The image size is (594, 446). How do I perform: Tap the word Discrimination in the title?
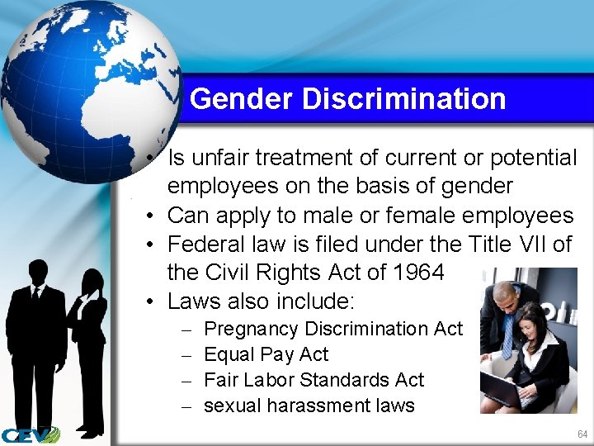[403, 99]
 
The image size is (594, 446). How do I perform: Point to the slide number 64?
[582, 434]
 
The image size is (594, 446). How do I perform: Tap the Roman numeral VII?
[528, 244]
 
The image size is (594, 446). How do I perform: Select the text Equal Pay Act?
[266, 354]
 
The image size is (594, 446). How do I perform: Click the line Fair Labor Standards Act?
[313, 380]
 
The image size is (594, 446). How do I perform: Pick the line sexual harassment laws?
[309, 406]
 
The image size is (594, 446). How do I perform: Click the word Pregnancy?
[251, 329]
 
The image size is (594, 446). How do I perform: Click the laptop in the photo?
[502, 387]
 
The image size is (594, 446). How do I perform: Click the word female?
[446, 216]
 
